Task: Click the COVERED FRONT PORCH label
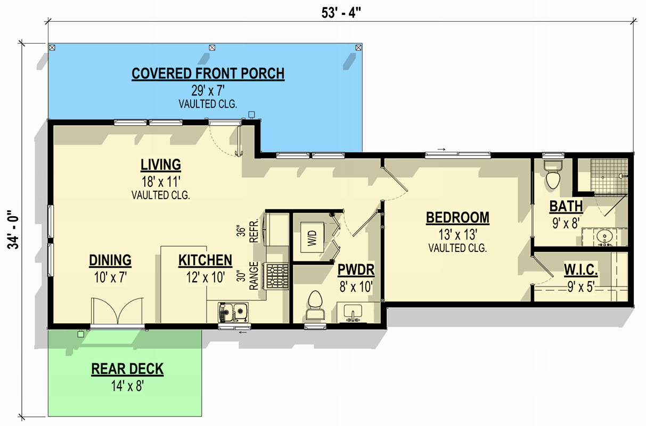click(x=208, y=73)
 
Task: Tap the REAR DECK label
click(x=127, y=368)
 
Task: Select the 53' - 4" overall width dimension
click(x=341, y=13)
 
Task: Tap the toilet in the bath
click(x=553, y=176)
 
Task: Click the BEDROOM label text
click(x=457, y=217)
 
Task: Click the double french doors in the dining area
click(x=117, y=312)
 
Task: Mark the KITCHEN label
click(x=205, y=260)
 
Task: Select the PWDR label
click(x=356, y=271)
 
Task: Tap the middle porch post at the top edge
click(x=212, y=47)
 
